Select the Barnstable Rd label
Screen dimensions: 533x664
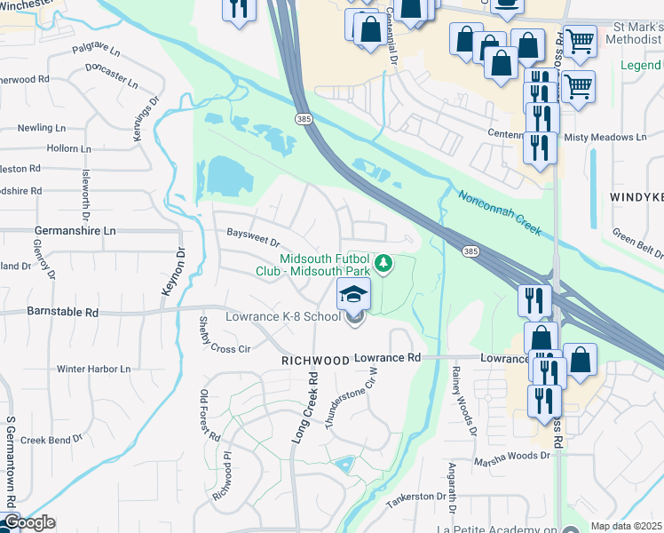pos(63,313)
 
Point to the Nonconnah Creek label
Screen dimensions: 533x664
pos(500,212)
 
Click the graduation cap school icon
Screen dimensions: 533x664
pos(353,294)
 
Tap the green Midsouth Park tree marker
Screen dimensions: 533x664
pos(383,264)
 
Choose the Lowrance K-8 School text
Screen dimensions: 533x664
pos(283,316)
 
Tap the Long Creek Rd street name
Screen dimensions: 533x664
pos(304,410)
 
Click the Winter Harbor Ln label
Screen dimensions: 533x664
pos(93,369)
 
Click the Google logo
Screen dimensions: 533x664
pos(28,522)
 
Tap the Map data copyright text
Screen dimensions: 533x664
pos(626,526)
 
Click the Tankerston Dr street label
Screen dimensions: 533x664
pos(415,497)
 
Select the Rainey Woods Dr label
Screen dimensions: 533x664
pos(463,400)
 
